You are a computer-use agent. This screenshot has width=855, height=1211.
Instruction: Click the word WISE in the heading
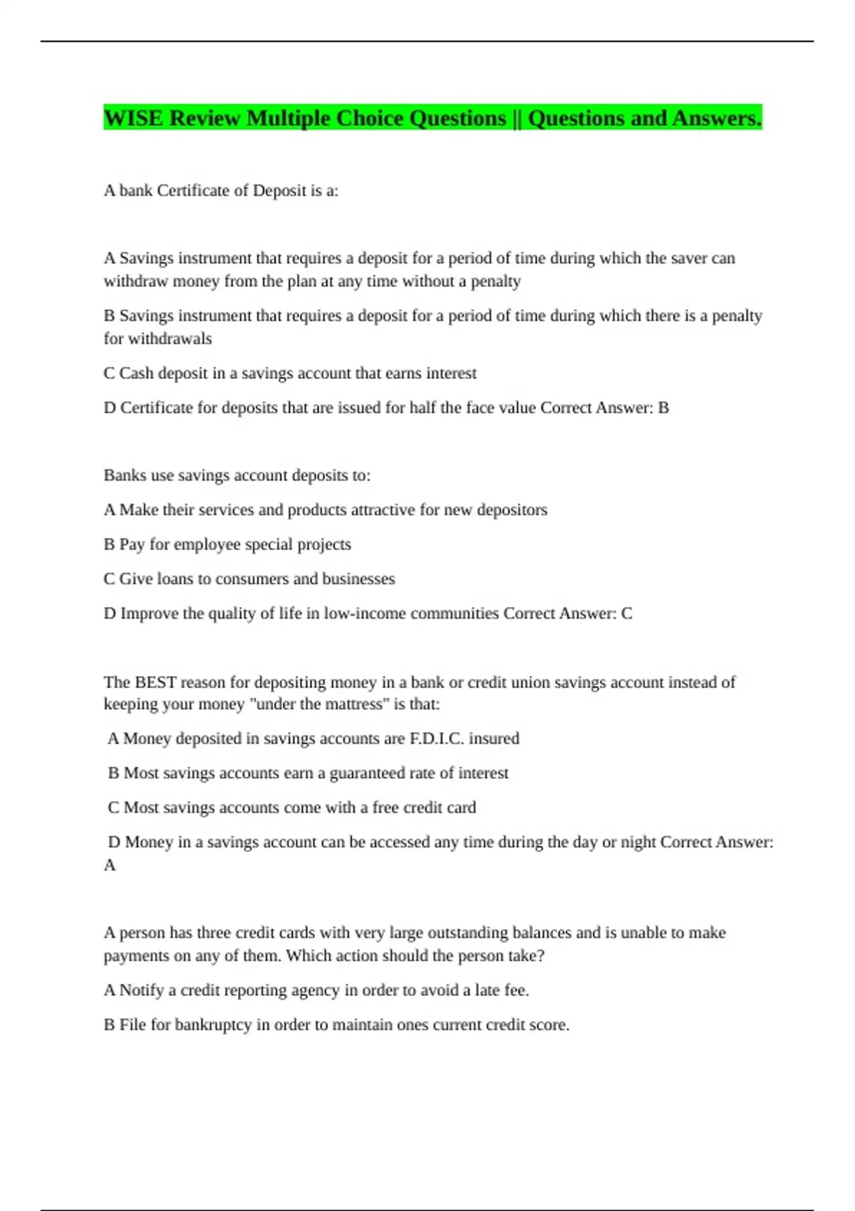pyautogui.click(x=133, y=118)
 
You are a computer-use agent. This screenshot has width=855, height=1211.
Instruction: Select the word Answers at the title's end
pyautogui.click(x=717, y=118)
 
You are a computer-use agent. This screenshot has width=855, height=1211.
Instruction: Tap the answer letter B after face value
pyautogui.click(x=663, y=407)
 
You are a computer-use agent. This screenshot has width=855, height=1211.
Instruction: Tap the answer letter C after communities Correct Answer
pyautogui.click(x=626, y=613)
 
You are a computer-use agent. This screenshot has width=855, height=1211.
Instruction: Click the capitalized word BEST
pyautogui.click(x=155, y=682)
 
